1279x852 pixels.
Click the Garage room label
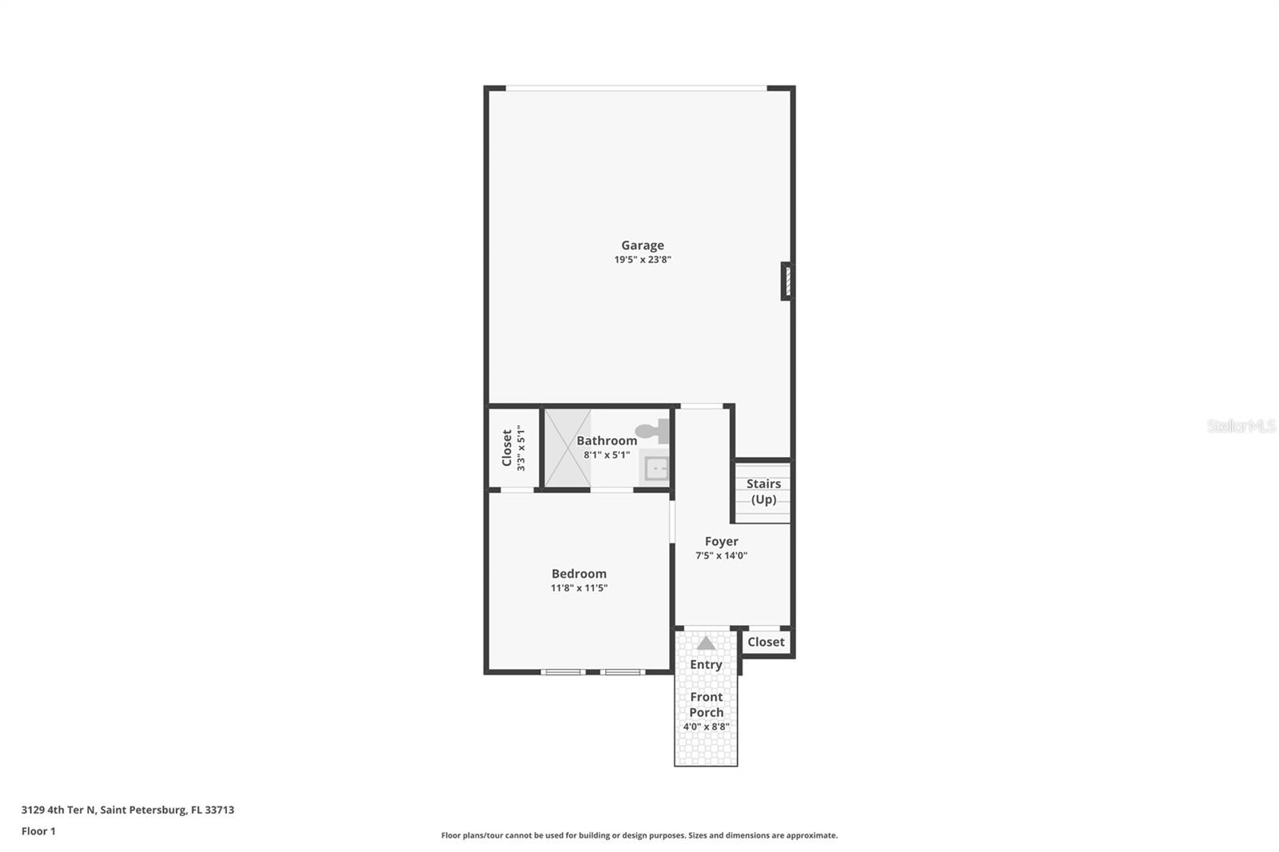pyautogui.click(x=642, y=245)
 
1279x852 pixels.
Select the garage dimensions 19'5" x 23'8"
pyautogui.click(x=642, y=260)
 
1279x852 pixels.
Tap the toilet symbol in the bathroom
pyautogui.click(x=653, y=432)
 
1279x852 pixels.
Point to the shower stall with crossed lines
pyautogui.click(x=568, y=448)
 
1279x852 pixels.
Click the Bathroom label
pyautogui.click(x=607, y=440)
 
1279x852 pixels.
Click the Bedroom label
pyautogui.click(x=579, y=574)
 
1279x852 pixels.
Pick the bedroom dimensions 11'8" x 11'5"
pyautogui.click(x=579, y=588)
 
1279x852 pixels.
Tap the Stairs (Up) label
pyautogui.click(x=763, y=492)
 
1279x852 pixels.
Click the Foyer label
pyautogui.click(x=721, y=541)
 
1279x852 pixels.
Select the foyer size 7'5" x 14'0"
pyautogui.click(x=721, y=555)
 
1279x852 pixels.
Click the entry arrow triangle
pyautogui.click(x=706, y=643)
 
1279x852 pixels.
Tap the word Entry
pyautogui.click(x=706, y=664)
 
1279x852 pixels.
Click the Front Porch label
pyautogui.click(x=706, y=704)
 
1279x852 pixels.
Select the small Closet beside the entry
pyautogui.click(x=766, y=642)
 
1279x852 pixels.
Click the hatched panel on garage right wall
pyautogui.click(x=787, y=281)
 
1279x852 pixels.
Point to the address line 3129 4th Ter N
pyautogui.click(x=128, y=810)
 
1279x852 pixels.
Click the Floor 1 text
pyautogui.click(x=38, y=831)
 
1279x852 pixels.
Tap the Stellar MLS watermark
pyautogui.click(x=1241, y=426)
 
